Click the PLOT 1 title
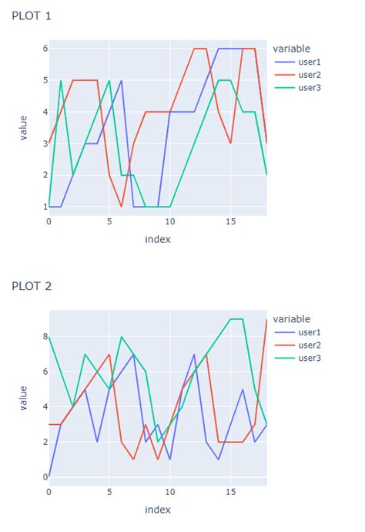coord(32,15)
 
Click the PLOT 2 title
coord(32,286)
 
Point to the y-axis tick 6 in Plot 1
coord(45,49)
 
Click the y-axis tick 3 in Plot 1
coord(45,143)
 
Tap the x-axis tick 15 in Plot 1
coord(229,222)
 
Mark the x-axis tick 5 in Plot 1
coord(109,222)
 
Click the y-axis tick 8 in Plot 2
coord(45,336)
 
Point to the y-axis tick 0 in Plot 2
coord(45,477)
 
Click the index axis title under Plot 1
coord(158,239)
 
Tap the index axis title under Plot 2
coord(158,509)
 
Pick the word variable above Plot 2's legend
coord(292,319)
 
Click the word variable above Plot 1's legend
coord(292,49)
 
